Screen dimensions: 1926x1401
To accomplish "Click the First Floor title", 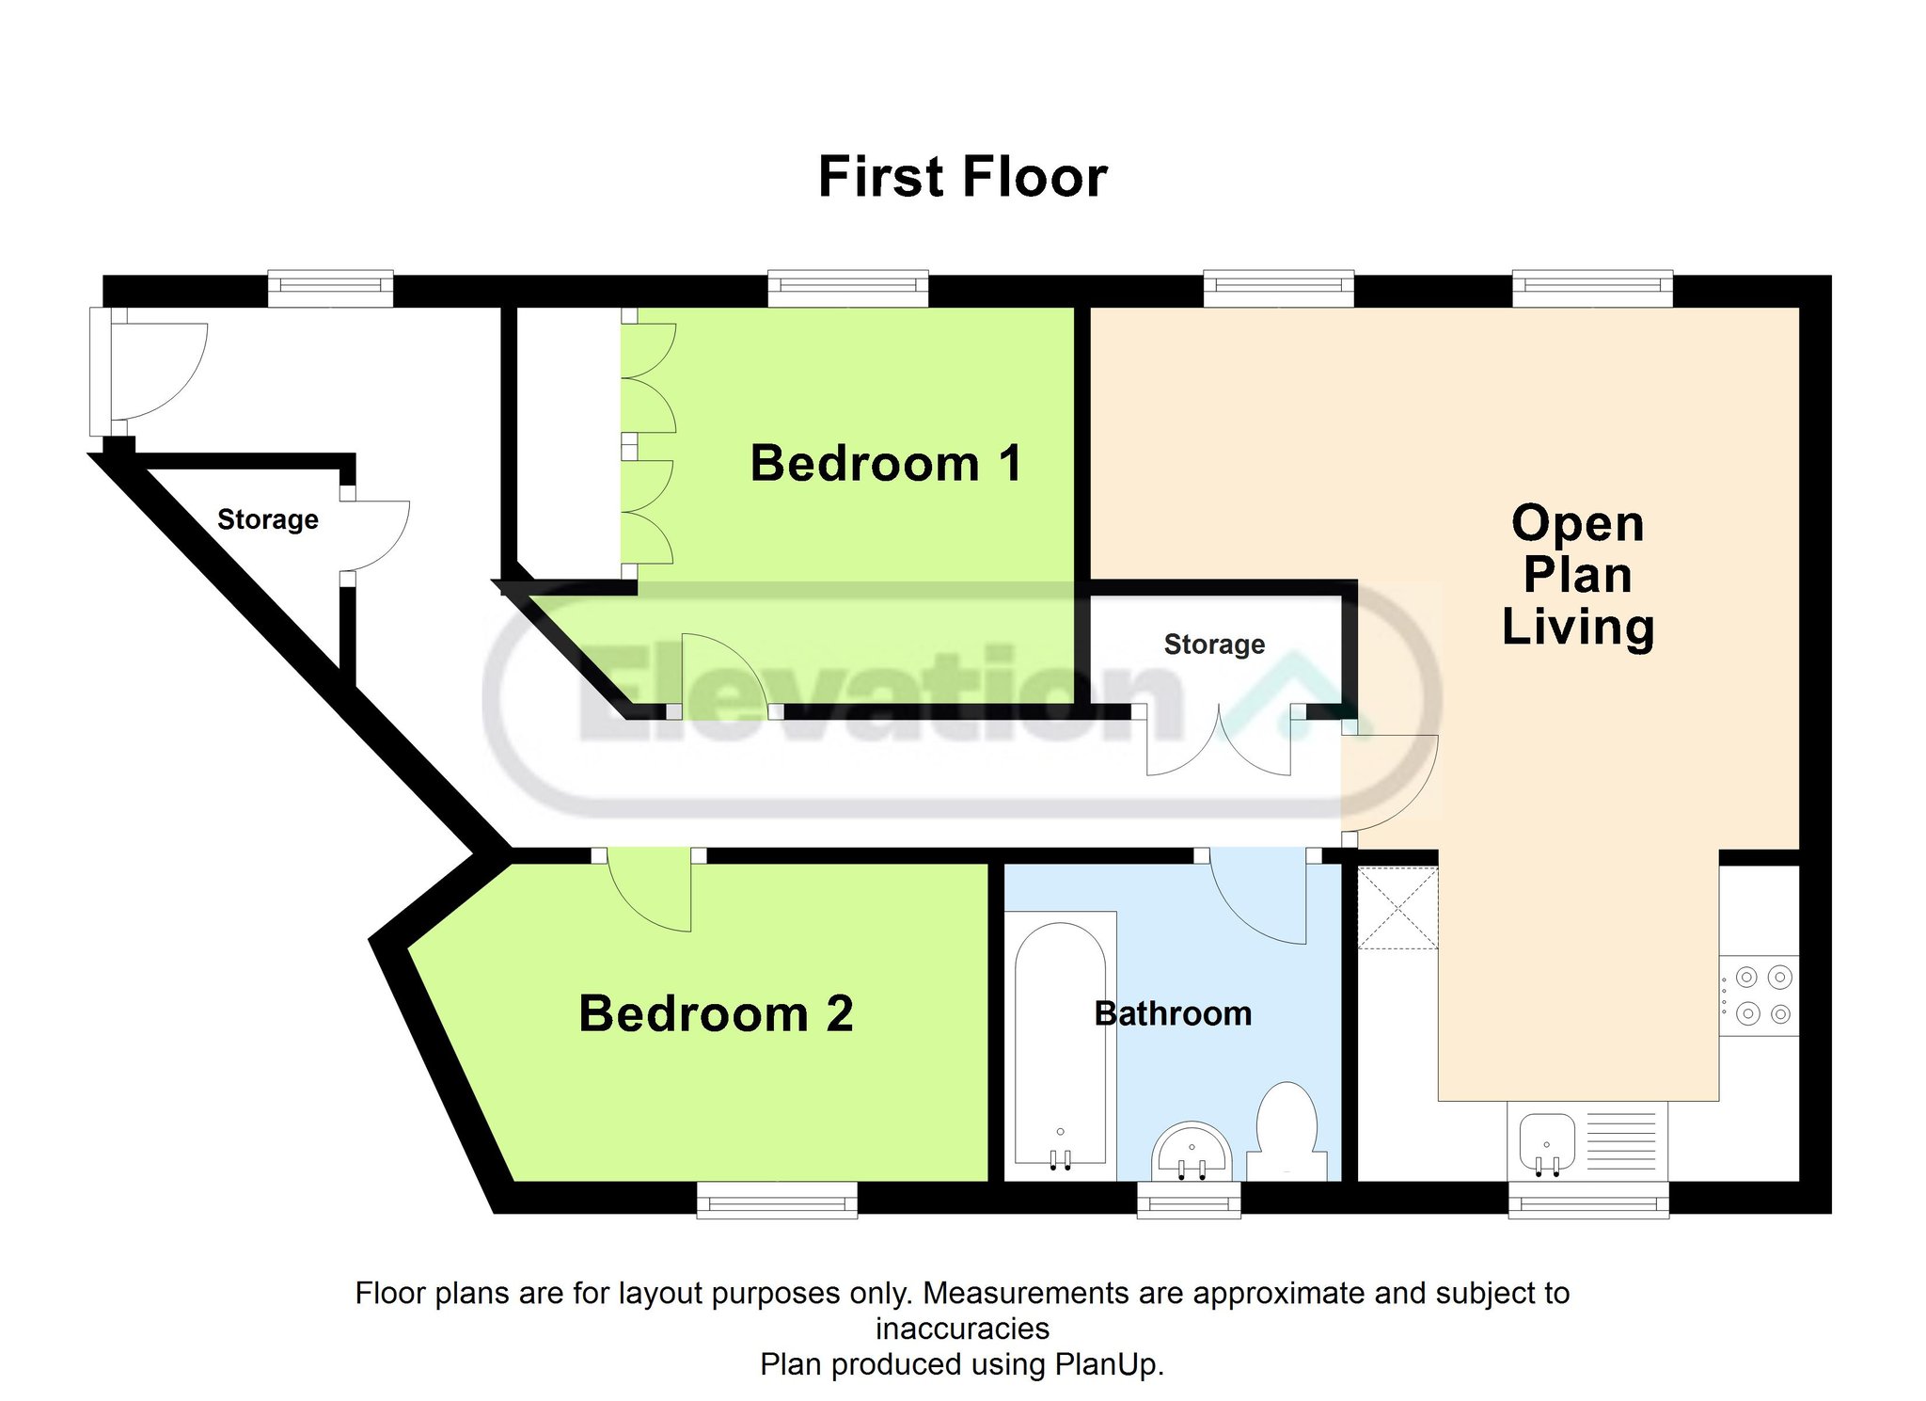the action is pos(963,177).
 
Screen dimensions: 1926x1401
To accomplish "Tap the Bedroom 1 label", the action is pos(886,463).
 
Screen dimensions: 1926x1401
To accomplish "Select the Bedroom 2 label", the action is pos(716,1013).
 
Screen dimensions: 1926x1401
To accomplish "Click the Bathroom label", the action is pos(1173,1013).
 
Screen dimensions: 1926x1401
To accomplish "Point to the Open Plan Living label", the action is pos(1578,575).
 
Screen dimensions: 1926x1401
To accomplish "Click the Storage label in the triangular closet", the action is pos(268,519).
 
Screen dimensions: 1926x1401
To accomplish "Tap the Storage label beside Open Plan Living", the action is pos(1214,645).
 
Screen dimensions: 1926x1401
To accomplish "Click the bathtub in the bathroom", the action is pos(1060,1045).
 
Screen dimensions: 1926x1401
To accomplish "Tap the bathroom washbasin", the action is pos(1192,1151).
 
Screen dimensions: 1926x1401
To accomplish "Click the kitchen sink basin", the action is pos(1546,1140).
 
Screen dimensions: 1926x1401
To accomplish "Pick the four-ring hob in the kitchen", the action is pos(1760,995).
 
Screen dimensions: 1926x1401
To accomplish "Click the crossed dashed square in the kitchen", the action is pos(1398,907).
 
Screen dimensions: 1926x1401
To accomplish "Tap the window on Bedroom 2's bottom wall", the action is pos(777,1201).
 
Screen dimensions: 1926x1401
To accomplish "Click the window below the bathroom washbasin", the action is pos(1189,1201).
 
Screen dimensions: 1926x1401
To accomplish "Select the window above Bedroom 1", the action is pos(848,288).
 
